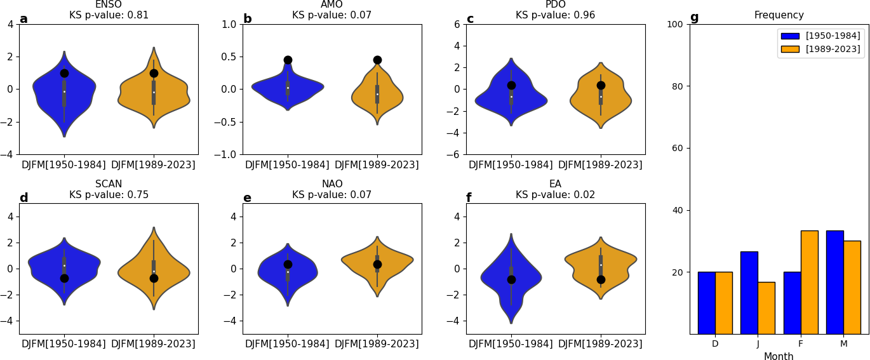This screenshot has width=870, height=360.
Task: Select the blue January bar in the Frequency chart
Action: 749,293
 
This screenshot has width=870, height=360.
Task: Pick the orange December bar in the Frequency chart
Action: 723,303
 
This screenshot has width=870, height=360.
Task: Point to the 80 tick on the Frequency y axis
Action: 678,86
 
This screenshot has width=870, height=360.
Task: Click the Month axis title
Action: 779,357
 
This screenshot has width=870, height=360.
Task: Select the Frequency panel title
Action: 779,15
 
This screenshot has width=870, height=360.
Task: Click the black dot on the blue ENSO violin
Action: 64,73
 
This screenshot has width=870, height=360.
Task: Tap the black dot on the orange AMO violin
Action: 377,60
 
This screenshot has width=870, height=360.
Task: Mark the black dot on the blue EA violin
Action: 511,279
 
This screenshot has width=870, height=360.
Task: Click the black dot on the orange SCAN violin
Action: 154,278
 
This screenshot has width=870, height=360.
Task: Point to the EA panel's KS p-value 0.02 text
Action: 555,195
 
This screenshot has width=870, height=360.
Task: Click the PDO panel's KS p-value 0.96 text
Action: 555,15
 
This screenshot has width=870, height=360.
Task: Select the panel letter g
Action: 694,18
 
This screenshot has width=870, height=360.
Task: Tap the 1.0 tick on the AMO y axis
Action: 229,24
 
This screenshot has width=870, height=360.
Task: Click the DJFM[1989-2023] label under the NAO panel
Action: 377,344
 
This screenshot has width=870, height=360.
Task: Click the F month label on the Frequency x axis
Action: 800,344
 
